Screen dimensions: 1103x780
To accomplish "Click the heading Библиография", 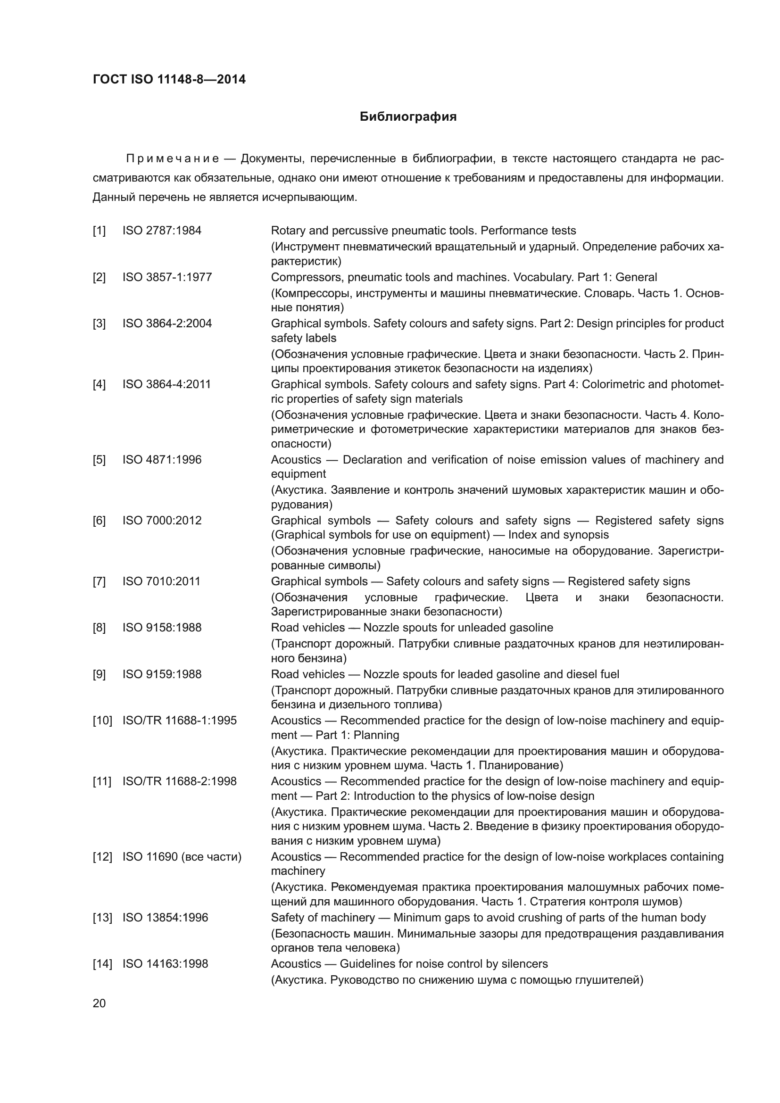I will point(408,117).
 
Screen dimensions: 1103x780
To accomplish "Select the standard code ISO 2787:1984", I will point(162,231).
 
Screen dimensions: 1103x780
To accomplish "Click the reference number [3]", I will point(99,323).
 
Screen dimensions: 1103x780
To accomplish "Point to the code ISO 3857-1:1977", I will point(166,277).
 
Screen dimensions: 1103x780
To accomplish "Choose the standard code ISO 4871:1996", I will point(162,460).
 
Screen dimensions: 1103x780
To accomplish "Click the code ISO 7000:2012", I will point(162,520).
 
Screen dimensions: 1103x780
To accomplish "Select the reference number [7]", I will point(99,581).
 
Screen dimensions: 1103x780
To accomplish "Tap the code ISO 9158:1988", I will point(162,627).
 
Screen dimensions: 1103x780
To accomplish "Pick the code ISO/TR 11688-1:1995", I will point(179,721).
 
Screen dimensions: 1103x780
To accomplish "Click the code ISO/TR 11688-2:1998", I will point(179,781).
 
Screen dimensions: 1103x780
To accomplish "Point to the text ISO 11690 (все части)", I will point(182,856).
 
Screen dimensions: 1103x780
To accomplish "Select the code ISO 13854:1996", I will point(165,918).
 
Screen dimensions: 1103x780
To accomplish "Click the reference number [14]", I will point(102,964).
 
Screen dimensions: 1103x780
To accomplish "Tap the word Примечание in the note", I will point(173,158).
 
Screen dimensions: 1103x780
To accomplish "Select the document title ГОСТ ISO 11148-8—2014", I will point(169,79).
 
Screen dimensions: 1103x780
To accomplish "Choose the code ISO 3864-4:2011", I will point(166,384).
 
